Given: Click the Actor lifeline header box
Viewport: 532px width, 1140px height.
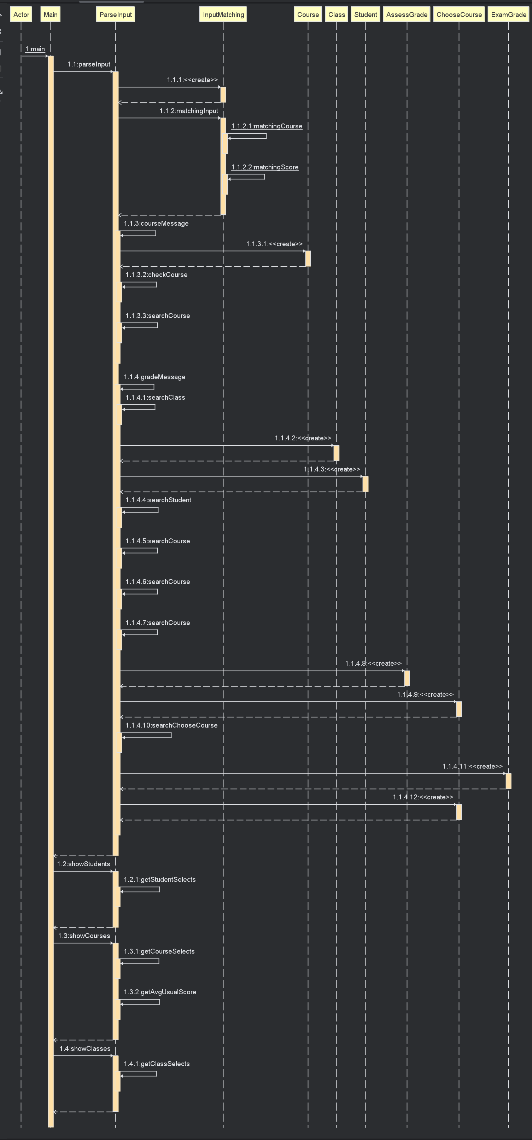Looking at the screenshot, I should coord(21,15).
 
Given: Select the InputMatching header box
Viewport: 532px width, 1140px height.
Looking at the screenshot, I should coord(223,15).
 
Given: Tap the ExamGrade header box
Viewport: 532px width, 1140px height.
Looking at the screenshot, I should coord(509,15).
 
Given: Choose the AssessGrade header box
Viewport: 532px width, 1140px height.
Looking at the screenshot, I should coord(407,15).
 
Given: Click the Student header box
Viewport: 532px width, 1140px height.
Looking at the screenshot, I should coord(366,15).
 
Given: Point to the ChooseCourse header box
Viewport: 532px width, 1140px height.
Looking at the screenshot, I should coord(459,15).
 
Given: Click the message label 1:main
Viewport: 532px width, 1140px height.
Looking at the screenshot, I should coord(35,49).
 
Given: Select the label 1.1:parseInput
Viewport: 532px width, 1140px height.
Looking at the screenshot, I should coord(89,64).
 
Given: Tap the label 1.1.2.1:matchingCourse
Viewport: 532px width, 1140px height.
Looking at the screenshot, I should coord(267,126).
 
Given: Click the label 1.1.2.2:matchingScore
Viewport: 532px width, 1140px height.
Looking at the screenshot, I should coord(265,167).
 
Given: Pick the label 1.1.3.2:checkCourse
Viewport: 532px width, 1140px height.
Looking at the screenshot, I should coord(157,275).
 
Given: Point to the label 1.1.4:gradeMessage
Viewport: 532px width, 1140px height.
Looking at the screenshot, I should coord(155,377).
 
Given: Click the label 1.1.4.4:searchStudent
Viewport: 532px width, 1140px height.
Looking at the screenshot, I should coord(158,500).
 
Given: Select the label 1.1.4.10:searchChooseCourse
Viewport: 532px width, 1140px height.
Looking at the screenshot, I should coord(171,725).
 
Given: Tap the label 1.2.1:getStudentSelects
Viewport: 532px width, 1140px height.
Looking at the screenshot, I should coord(160,879).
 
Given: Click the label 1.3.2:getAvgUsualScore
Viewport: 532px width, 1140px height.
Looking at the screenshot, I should coord(160,992).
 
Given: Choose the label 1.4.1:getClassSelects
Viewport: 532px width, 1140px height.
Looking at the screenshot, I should coord(157,1064).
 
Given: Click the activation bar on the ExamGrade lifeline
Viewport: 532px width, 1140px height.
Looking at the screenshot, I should coord(509,781).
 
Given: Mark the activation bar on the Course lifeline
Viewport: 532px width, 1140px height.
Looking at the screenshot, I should coord(308,259).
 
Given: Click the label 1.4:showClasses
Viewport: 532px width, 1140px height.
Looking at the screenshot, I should coord(85,1048).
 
